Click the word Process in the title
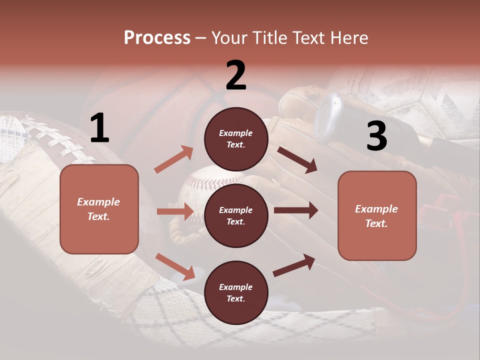coord(157,37)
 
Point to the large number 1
coord(99,128)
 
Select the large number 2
coord(236,75)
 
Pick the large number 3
coord(376,136)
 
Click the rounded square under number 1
coord(99,209)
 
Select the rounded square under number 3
coord(377,216)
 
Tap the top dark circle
coord(236,139)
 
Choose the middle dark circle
coord(236,216)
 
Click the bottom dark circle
coord(236,293)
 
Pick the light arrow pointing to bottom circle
coord(175,266)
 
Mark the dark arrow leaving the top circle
coord(297,159)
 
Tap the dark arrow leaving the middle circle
coord(296,210)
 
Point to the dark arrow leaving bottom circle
coord(294,265)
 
